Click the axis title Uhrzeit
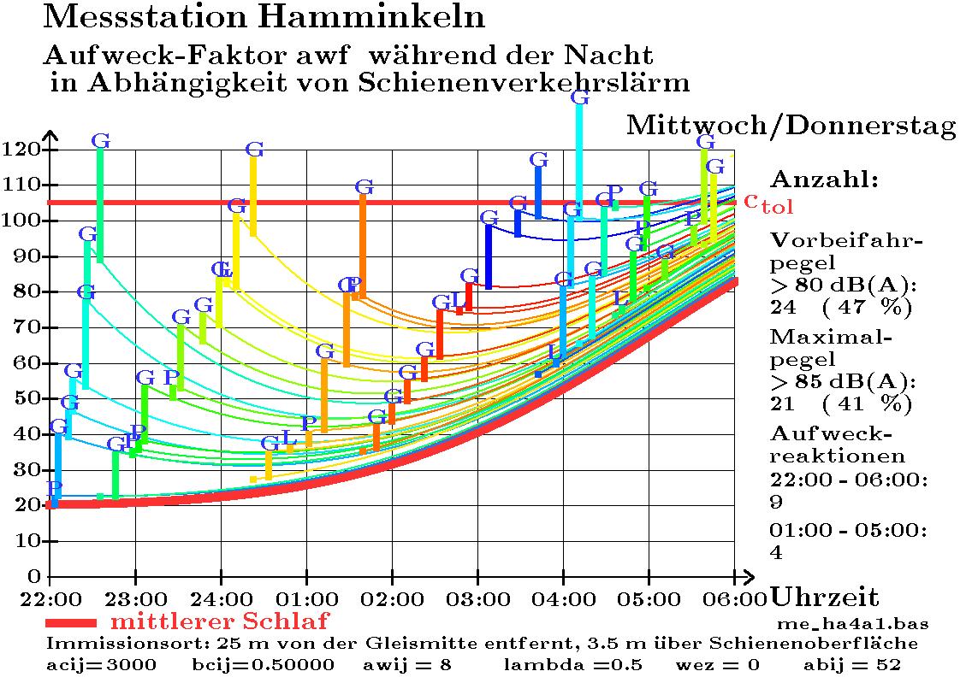click(x=825, y=597)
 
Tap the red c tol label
click(x=768, y=203)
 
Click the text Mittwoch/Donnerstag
click(x=791, y=126)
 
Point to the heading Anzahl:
click(x=825, y=180)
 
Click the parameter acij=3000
click(x=101, y=664)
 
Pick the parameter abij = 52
click(x=852, y=664)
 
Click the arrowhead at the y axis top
click(x=50, y=136)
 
